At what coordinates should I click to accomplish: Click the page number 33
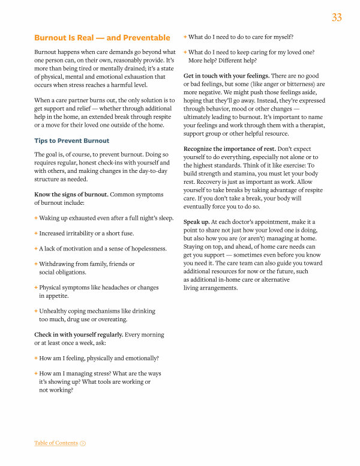pyautogui.click(x=337, y=18)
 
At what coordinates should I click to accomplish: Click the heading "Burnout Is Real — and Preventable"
pyautogui.click(x=102, y=38)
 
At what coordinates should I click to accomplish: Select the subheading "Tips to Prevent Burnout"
pyautogui.click(x=72, y=141)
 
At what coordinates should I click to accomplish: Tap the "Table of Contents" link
pyautogui.click(x=56, y=443)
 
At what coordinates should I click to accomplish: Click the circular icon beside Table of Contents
pyautogui.click(x=83, y=443)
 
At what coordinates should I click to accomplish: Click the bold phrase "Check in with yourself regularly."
pyautogui.click(x=79, y=334)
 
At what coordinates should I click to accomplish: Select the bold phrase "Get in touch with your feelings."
pyautogui.click(x=226, y=76)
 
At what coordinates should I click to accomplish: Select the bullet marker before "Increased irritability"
pyautogui.click(x=36, y=233)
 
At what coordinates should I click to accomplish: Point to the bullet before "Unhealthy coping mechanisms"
pyautogui.click(x=36, y=311)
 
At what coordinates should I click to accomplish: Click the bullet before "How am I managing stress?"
pyautogui.click(x=36, y=374)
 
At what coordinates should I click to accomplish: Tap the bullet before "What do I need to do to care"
pyautogui.click(x=185, y=37)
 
